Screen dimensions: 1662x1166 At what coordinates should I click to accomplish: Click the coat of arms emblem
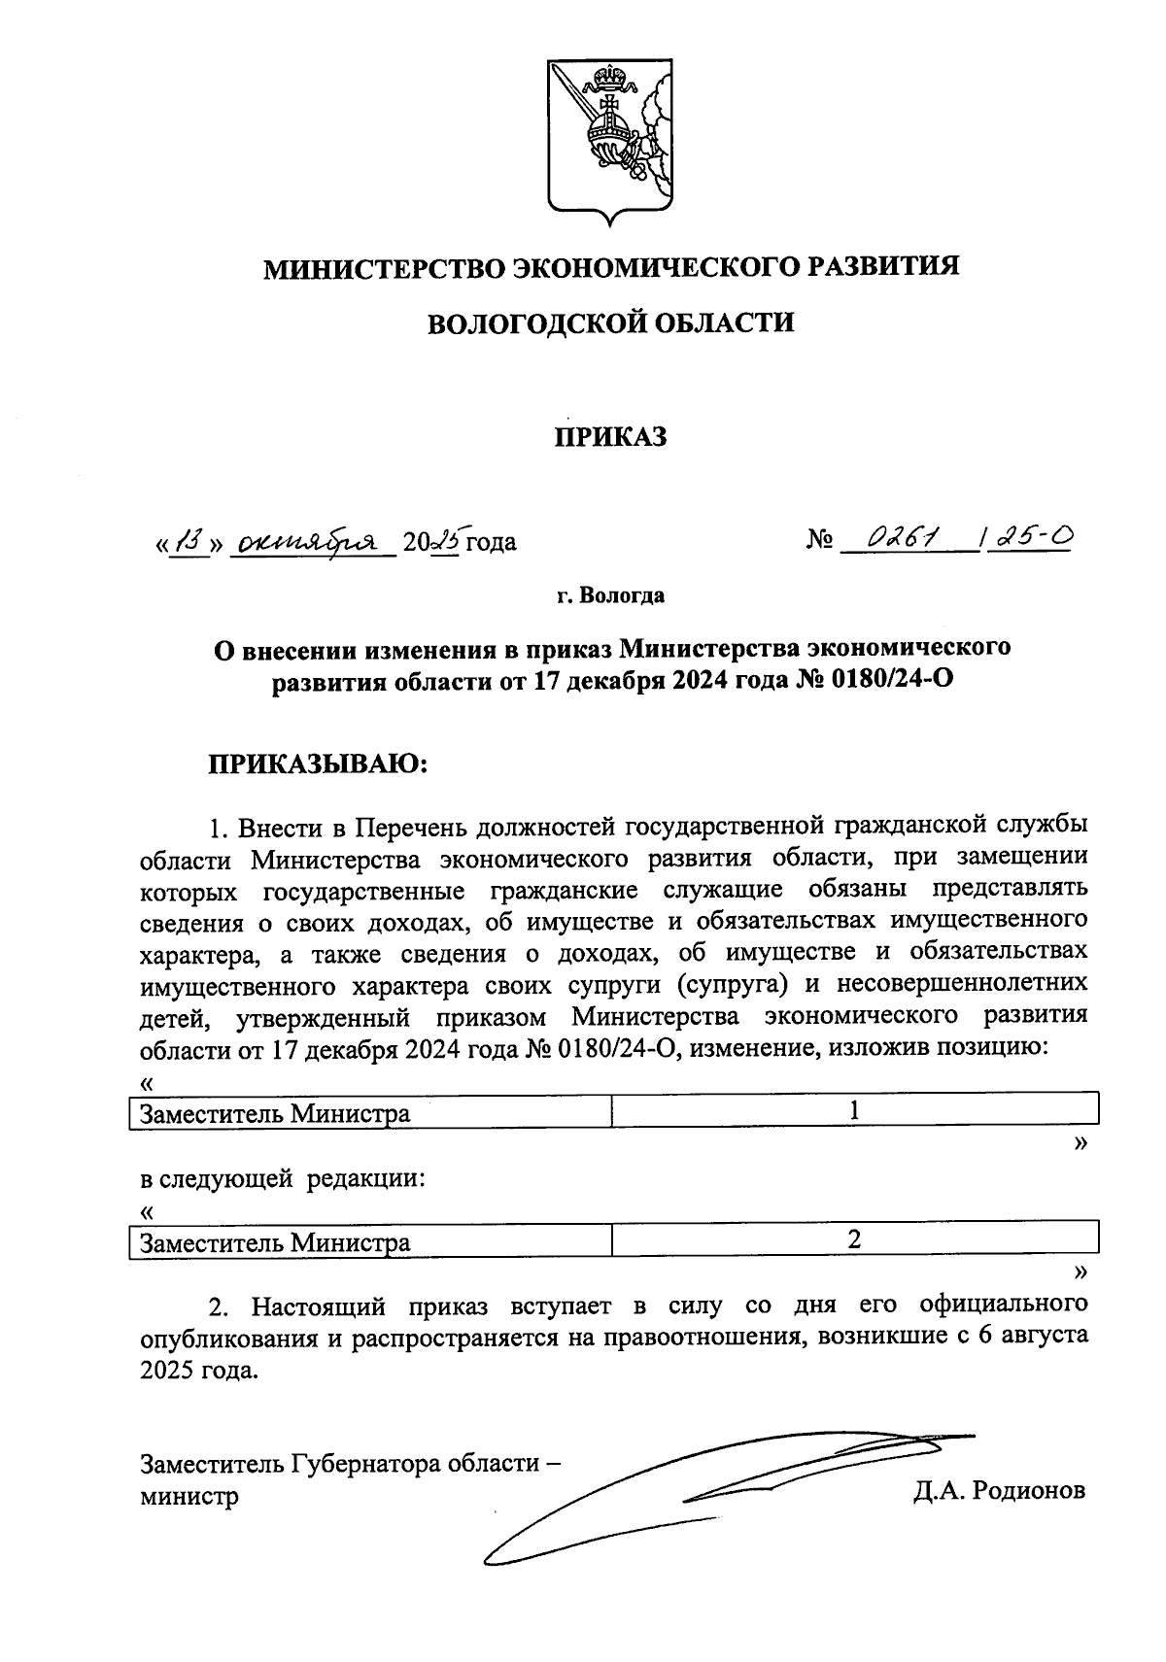[x=610, y=140]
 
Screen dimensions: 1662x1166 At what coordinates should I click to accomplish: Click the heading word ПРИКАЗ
[x=610, y=438]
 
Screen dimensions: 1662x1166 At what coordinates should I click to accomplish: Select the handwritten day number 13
[x=189, y=540]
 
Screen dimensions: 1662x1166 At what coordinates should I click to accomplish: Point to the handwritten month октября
[x=310, y=540]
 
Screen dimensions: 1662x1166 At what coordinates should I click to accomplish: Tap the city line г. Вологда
[x=610, y=595]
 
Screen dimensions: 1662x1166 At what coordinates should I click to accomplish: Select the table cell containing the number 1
[x=855, y=1110]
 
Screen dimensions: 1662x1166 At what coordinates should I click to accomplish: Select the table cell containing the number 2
[x=855, y=1239]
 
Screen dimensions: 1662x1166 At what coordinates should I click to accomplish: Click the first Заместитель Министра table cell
[x=370, y=1113]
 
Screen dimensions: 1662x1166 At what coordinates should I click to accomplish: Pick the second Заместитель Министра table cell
[x=370, y=1242]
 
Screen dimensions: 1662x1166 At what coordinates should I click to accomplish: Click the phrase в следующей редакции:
[x=283, y=1180]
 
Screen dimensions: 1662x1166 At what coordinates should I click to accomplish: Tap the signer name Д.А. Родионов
[x=998, y=1491]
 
